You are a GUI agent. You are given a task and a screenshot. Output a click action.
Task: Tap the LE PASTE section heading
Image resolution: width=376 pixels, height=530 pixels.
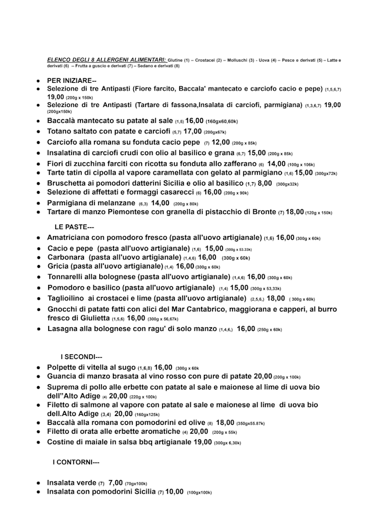pyautogui.click(x=74, y=227)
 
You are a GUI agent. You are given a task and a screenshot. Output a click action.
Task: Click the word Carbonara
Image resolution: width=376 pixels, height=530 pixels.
pyautogui.click(x=66, y=257)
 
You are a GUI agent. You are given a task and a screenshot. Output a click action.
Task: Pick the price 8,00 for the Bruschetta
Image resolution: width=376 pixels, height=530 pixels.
pyautogui.click(x=265, y=183)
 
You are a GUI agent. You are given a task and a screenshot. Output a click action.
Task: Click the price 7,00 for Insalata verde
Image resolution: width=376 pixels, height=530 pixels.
pyautogui.click(x=115, y=482)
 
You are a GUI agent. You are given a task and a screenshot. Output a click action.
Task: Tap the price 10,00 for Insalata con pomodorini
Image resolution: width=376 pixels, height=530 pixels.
pyautogui.click(x=174, y=491)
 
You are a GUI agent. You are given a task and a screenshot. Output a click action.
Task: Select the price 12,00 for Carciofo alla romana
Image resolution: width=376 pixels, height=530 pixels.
pyautogui.click(x=221, y=142)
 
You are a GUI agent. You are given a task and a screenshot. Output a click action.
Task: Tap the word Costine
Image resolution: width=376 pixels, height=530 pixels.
pyautogui.click(x=63, y=442)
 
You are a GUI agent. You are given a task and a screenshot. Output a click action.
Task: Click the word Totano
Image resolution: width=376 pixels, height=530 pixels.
pyautogui.click(x=62, y=131)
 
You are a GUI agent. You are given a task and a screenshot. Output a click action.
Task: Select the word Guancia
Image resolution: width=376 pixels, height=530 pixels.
pyautogui.click(x=64, y=376)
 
